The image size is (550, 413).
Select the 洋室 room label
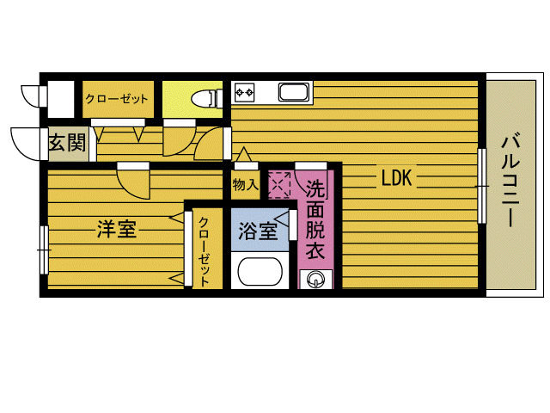[x=116, y=231]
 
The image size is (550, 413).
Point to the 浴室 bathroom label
[x=257, y=231]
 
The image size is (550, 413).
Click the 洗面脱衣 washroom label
[x=315, y=221]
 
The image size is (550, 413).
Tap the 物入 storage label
[x=245, y=184]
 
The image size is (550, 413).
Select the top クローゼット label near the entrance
[x=117, y=99]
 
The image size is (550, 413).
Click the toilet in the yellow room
[x=203, y=96]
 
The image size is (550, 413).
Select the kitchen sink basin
[x=293, y=92]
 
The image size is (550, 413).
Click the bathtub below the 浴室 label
[x=259, y=273]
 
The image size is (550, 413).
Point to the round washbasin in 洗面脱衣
[x=315, y=278]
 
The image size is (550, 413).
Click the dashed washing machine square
[x=280, y=184]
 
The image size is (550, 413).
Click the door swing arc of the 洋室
[x=133, y=182]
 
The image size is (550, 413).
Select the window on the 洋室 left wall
[x=43, y=249]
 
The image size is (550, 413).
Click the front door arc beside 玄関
[x=24, y=143]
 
